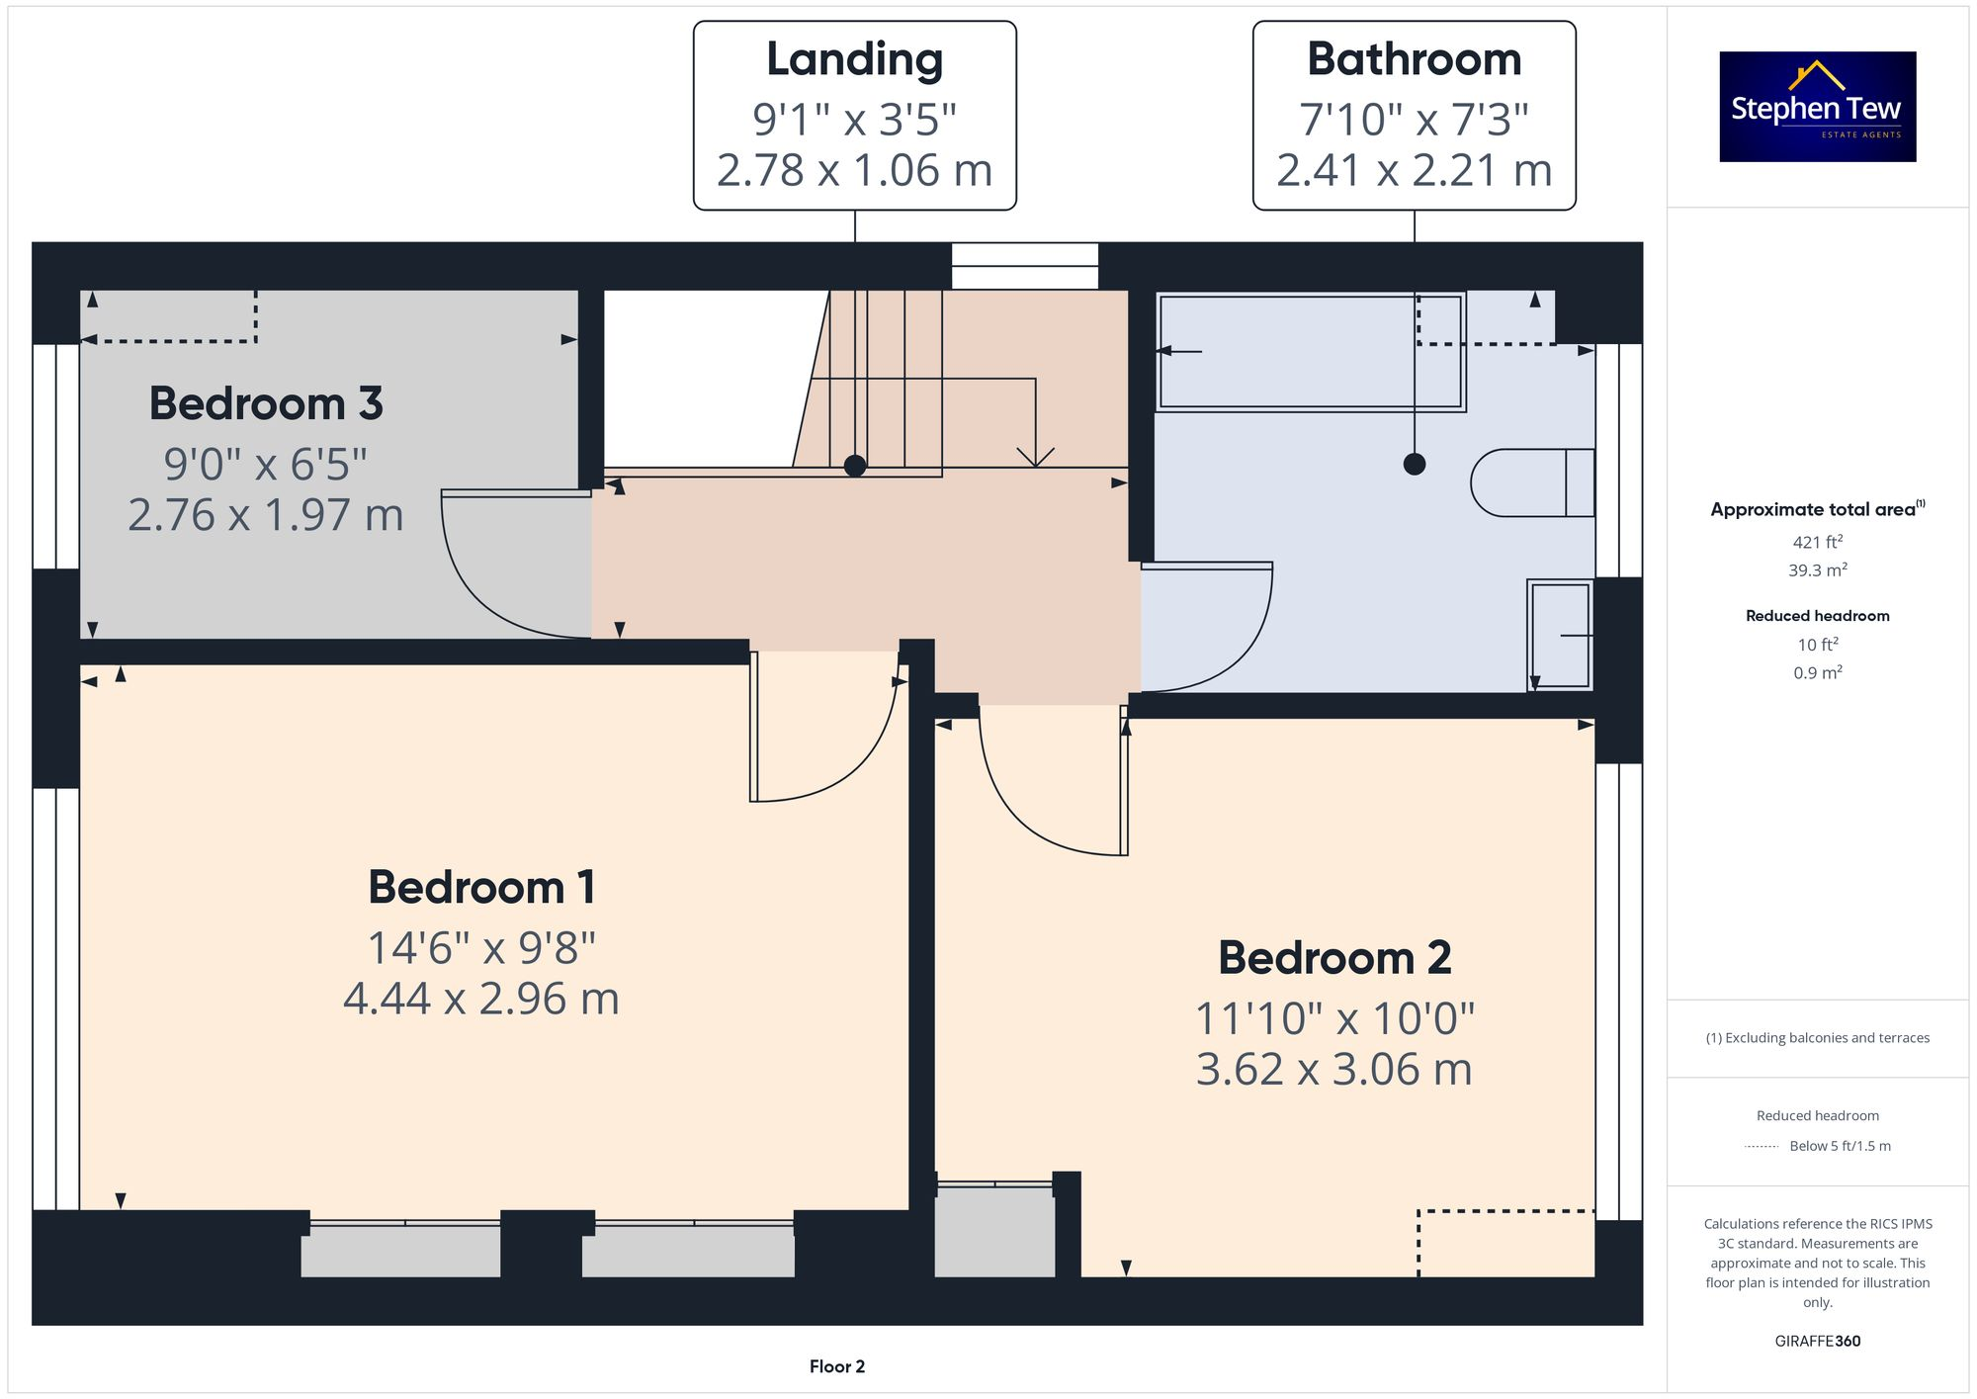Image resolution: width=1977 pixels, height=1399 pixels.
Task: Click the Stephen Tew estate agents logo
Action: click(x=1817, y=107)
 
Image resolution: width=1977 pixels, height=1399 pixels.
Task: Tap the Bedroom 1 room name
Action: click(x=481, y=887)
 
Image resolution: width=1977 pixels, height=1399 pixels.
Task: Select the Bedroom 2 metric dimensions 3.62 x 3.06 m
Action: click(x=1333, y=1070)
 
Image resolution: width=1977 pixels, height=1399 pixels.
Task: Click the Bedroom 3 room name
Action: click(x=265, y=403)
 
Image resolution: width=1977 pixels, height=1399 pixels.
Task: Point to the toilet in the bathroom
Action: click(x=1530, y=482)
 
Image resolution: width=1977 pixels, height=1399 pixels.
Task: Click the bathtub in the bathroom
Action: click(x=1310, y=352)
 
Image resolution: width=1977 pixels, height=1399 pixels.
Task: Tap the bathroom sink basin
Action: click(x=1560, y=634)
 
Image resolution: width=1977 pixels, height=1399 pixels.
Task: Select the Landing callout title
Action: click(x=854, y=59)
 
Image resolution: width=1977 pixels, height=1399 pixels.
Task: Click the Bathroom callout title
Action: click(x=1414, y=59)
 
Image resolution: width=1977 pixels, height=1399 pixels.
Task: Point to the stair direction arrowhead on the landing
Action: click(x=1035, y=457)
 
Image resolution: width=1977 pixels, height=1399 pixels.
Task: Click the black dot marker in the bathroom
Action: click(x=1415, y=464)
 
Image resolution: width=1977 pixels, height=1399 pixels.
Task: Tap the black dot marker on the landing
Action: click(x=855, y=466)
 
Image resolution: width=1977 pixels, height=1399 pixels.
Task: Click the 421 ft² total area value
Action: click(x=1817, y=542)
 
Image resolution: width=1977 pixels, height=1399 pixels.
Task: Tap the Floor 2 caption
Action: click(x=836, y=1366)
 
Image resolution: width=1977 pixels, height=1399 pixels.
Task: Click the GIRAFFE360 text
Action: click(x=1817, y=1342)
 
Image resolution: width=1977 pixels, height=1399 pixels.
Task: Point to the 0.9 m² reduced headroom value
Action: click(x=1817, y=673)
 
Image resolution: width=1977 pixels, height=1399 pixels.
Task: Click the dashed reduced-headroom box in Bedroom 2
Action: click(x=1505, y=1243)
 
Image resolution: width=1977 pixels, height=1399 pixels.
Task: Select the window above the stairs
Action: click(x=1024, y=266)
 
